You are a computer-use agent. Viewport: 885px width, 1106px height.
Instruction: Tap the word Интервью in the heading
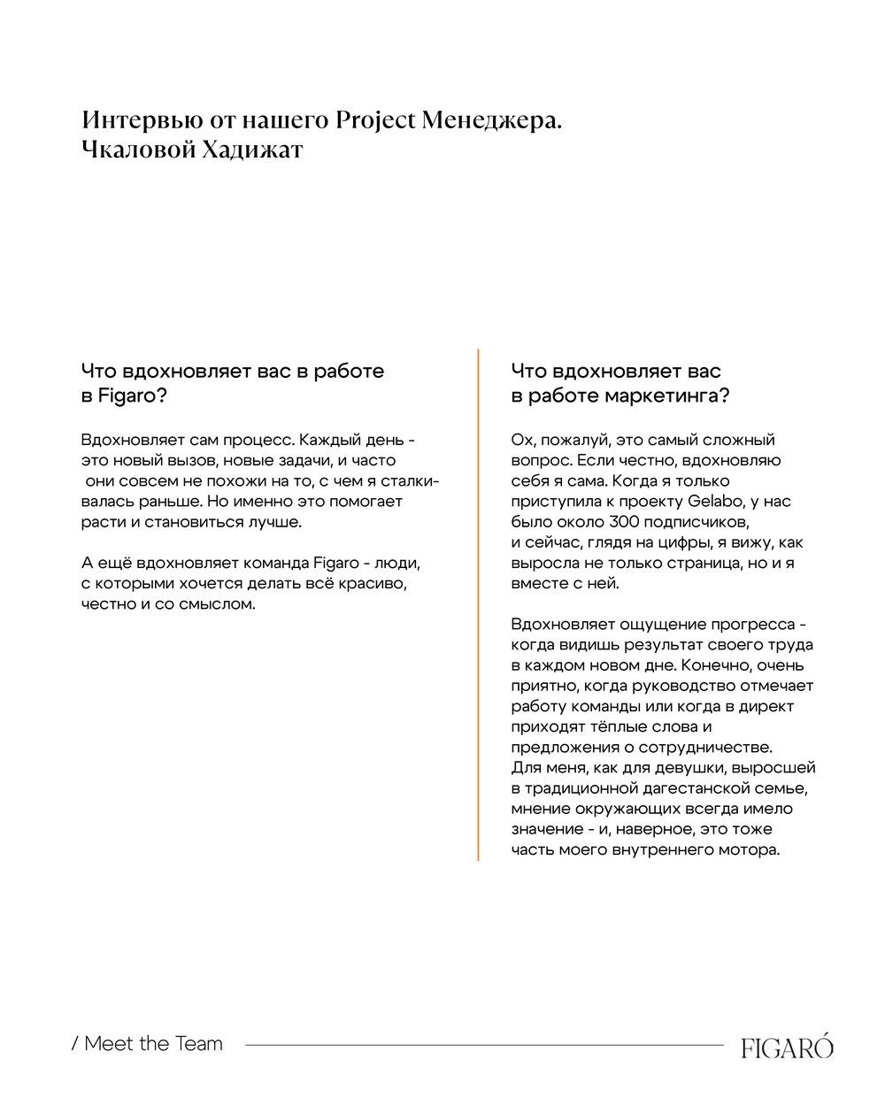142,120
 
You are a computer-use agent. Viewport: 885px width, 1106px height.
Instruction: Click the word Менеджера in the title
491,120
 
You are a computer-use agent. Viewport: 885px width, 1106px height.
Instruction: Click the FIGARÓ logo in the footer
787,1048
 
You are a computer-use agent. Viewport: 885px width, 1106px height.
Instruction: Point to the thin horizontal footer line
484,1045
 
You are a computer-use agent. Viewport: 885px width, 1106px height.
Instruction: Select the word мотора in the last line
750,850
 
